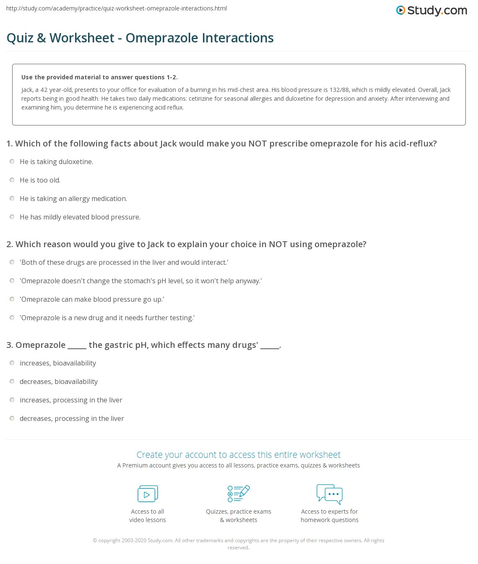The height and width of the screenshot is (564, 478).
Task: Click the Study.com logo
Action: pyautogui.click(x=431, y=10)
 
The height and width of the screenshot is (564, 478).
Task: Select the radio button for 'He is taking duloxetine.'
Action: pyautogui.click(x=12, y=162)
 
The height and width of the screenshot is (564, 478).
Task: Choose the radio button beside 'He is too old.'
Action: pyautogui.click(x=12, y=180)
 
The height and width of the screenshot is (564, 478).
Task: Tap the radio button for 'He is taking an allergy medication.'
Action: pyautogui.click(x=12, y=198)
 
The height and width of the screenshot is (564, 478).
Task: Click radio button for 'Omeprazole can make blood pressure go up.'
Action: pyautogui.click(x=12, y=299)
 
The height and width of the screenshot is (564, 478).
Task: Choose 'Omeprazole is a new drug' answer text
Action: pyautogui.click(x=107, y=318)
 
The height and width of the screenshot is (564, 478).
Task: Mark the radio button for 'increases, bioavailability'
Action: pyautogui.click(x=12, y=363)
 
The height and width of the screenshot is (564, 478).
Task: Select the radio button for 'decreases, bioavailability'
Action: pyautogui.click(x=12, y=381)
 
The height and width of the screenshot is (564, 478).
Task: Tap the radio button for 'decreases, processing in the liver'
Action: pyautogui.click(x=12, y=418)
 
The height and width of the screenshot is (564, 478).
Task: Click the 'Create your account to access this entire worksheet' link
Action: pyautogui.click(x=239, y=454)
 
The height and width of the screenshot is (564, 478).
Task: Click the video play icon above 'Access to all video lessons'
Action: pyautogui.click(x=148, y=494)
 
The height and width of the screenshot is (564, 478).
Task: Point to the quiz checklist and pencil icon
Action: pyautogui.click(x=239, y=493)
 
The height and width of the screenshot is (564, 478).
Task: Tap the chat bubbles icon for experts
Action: pyautogui.click(x=330, y=493)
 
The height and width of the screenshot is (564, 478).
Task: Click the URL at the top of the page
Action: pyautogui.click(x=117, y=8)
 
